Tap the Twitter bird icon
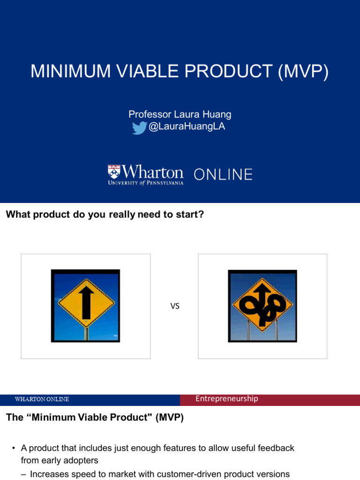coord(139,128)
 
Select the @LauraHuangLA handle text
coord(187,127)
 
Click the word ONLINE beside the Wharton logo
coord(223,175)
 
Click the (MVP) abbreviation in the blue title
coord(303,71)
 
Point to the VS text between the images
coord(175,307)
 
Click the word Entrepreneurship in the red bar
coord(227,399)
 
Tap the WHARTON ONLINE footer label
coord(42,399)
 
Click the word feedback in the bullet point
coord(276,448)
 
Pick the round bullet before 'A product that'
coord(14,449)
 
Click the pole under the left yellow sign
coord(86,334)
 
